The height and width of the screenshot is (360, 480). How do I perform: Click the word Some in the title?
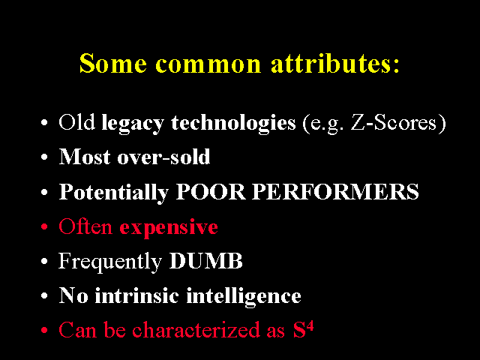coord(113,63)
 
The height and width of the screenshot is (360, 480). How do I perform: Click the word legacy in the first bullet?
coord(133,124)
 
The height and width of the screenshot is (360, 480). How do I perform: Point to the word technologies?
coord(233,124)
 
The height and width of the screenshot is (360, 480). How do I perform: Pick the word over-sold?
coord(163,157)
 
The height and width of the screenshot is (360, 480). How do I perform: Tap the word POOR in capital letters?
coord(211,192)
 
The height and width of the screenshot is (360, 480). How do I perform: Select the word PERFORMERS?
coord(335,192)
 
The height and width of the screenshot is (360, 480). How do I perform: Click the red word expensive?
coord(169,228)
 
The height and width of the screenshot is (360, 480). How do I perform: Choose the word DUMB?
coord(205,261)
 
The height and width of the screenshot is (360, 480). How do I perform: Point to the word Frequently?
coord(110,262)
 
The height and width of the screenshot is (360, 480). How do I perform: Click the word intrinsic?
coord(136,295)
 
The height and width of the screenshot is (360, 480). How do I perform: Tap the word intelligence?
coord(244,297)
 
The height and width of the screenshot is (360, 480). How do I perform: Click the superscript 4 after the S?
coord(310,326)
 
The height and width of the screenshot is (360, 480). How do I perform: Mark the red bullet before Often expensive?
coord(45,226)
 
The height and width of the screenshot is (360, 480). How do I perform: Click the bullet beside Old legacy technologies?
coord(45,122)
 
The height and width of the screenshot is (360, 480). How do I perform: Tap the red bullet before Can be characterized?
coord(45,330)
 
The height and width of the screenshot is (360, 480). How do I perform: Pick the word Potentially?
coord(113,193)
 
